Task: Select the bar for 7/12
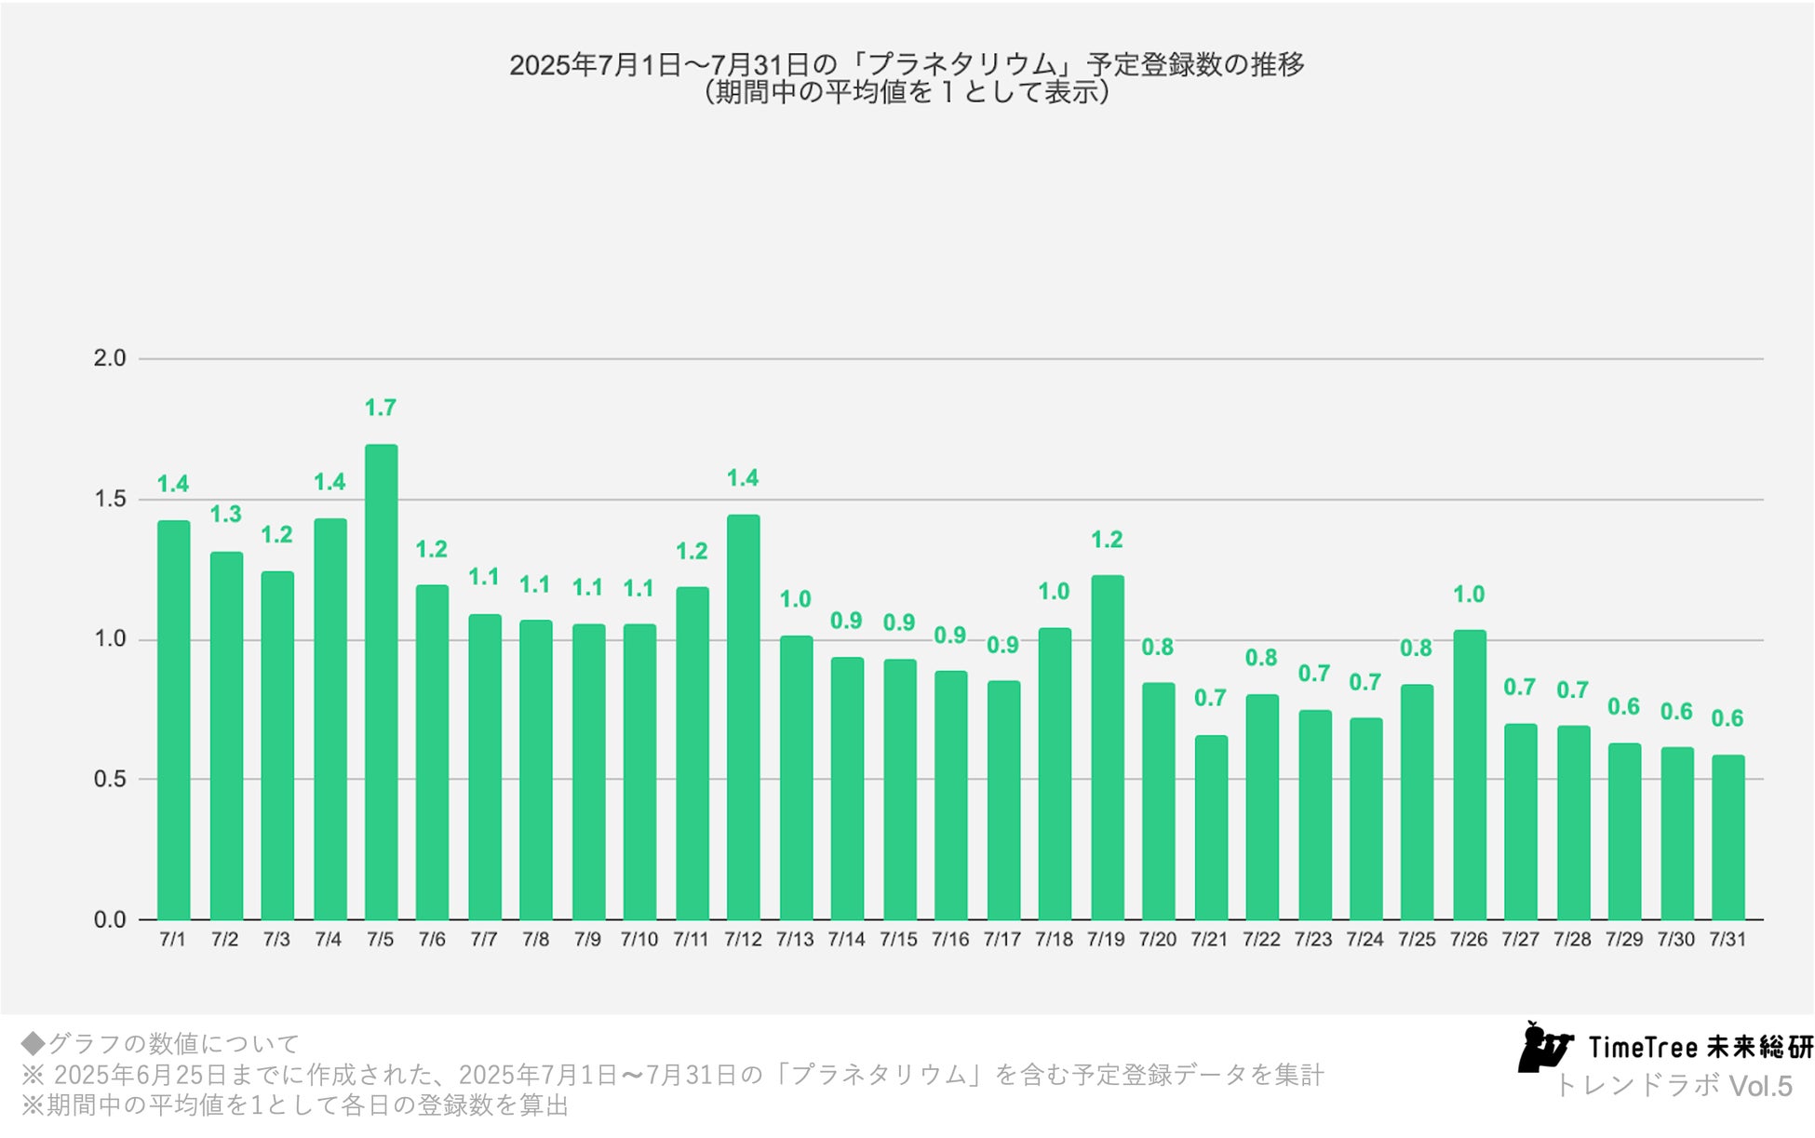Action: point(743,717)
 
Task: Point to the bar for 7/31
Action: point(1728,837)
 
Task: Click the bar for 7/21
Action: point(1210,827)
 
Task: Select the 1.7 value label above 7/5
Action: point(380,408)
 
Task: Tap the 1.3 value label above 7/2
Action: point(225,515)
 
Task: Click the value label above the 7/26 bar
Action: point(1469,595)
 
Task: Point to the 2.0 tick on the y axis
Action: point(110,358)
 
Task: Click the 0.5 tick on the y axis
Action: point(110,779)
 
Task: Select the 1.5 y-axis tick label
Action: point(110,499)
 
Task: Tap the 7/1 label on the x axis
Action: point(173,940)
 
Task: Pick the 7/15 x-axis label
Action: point(898,940)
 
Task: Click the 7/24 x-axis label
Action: point(1365,940)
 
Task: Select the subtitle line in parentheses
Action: point(907,92)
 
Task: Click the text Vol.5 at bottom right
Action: point(1760,1086)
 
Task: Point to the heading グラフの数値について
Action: point(172,1043)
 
